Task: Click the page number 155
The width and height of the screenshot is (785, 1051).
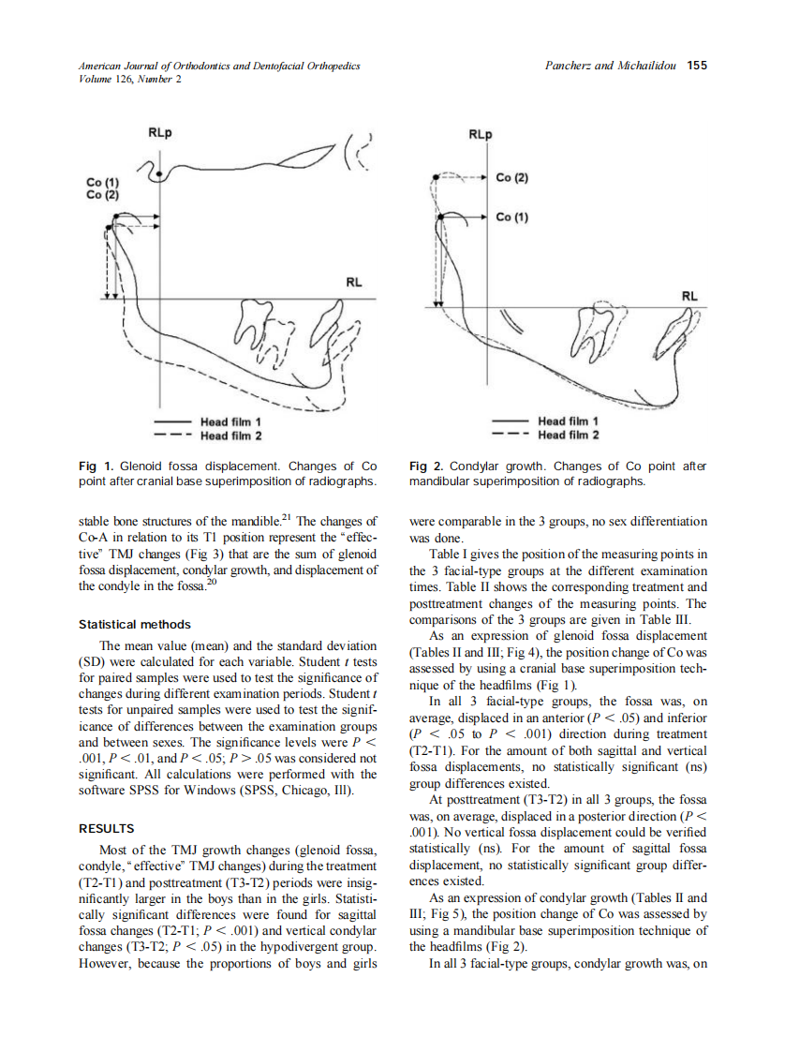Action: pos(696,66)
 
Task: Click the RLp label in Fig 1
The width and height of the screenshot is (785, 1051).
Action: pos(160,133)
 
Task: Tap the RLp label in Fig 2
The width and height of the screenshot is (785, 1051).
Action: pos(480,134)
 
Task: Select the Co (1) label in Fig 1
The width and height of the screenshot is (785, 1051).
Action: pos(103,182)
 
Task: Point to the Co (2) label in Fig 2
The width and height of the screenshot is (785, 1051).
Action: pos(512,177)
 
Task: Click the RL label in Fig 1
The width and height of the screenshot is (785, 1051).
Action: pos(355,281)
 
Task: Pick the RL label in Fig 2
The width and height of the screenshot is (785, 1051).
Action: pos(689,295)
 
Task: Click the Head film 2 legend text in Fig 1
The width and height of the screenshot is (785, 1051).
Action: pos(231,436)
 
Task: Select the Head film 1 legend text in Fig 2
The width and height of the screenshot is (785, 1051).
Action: pos(569,422)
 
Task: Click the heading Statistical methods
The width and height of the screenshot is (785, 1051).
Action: pos(134,624)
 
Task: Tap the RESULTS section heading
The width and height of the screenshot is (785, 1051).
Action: pos(107,828)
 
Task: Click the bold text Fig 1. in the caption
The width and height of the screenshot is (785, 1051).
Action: pos(97,466)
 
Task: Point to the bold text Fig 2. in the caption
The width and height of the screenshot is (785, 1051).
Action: pos(428,466)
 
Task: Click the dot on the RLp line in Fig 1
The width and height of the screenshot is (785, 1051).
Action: pos(160,174)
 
